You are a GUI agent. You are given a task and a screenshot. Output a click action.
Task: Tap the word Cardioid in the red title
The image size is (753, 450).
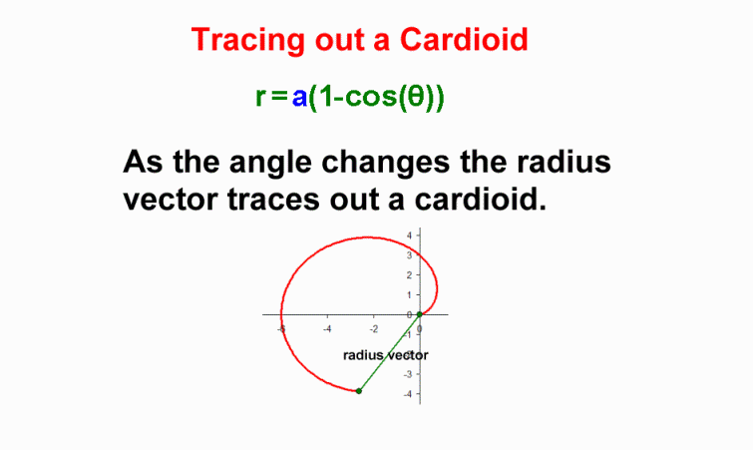(464, 39)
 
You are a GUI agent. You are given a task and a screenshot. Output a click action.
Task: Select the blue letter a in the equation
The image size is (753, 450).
(299, 97)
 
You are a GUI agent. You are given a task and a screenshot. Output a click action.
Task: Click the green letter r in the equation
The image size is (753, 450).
(259, 97)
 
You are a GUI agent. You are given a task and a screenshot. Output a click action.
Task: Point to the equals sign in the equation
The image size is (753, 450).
(279, 97)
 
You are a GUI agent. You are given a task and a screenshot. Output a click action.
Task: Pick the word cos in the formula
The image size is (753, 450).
(367, 97)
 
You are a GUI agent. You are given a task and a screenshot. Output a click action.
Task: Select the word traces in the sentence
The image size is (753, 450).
(273, 200)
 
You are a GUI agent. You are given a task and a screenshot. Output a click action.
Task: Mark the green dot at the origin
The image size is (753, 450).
(419, 314)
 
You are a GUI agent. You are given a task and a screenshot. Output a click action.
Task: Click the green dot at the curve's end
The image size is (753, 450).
(359, 391)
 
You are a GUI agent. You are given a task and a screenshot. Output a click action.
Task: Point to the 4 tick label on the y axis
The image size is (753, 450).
(409, 235)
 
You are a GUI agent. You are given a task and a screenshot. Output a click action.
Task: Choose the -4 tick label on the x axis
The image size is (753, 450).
(327, 329)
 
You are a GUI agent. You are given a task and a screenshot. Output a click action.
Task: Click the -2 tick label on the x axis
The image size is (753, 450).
(374, 329)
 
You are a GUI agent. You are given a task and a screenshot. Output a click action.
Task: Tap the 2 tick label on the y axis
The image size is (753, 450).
(409, 275)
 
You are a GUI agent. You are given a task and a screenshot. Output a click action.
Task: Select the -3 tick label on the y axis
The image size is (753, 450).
(408, 374)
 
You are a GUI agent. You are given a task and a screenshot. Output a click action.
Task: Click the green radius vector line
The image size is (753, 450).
(389, 352)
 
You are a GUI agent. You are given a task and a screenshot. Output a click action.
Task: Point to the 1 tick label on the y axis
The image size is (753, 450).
(409, 295)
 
